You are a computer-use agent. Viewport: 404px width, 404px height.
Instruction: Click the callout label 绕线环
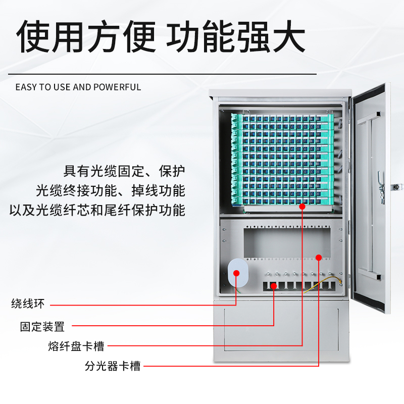[28, 304]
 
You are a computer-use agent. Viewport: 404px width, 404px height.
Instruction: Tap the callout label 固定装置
[42, 327]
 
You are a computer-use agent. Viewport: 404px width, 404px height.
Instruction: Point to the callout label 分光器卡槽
[113, 366]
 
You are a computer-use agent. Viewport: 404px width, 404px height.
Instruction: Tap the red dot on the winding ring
[236, 273]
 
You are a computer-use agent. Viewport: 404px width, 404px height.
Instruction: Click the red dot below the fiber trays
[302, 206]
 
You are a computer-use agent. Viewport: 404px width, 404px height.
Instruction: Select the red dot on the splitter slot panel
[319, 258]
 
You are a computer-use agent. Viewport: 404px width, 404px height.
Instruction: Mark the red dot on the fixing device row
[274, 286]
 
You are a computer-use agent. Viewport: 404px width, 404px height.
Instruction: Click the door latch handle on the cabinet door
[382, 187]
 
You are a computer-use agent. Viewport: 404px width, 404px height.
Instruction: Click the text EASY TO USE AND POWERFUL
[78, 87]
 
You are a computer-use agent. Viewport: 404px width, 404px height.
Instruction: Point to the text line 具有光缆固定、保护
[124, 171]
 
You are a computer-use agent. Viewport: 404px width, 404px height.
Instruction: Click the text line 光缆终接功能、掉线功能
[111, 190]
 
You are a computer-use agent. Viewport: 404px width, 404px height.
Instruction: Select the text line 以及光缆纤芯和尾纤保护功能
[97, 210]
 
